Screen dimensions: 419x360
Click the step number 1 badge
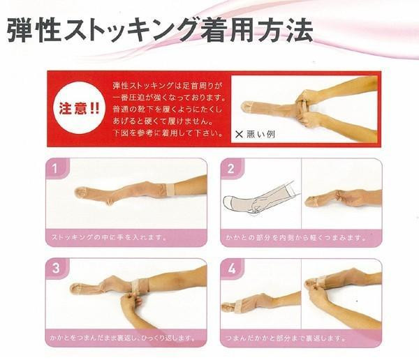tap(56, 168)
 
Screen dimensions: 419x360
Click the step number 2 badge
tap(231, 168)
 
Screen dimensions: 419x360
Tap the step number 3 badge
tap(56, 268)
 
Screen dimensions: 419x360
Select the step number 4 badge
tap(231, 268)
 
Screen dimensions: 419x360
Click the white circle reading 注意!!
tap(78, 108)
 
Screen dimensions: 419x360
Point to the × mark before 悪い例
tap(239, 134)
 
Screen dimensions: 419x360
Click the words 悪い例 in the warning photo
tap(260, 134)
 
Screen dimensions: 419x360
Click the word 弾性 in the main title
tap(34, 30)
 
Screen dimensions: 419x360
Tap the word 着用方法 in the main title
tap(256, 30)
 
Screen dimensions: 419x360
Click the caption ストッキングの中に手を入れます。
tap(108, 237)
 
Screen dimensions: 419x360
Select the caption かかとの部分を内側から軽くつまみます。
tap(295, 237)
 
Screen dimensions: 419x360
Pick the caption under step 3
tap(123, 338)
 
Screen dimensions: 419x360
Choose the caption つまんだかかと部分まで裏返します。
tap(286, 338)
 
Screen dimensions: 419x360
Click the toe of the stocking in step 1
tap(81, 193)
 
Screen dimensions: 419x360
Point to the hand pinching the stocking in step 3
tap(131, 303)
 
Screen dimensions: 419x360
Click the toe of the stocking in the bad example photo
tap(247, 106)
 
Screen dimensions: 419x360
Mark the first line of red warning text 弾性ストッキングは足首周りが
tap(168, 86)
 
